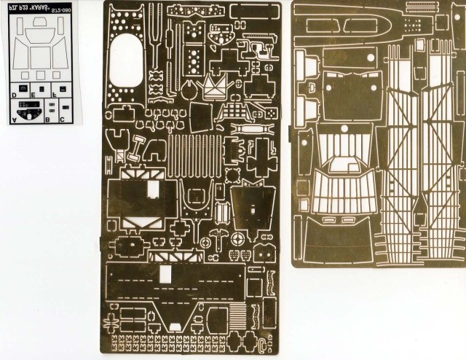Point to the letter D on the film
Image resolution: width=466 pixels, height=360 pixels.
pos(15,95)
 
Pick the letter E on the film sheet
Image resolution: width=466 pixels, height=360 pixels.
pos(33,95)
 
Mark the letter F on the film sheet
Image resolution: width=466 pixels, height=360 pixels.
pos(55,95)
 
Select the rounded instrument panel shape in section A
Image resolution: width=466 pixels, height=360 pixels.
pos(29,114)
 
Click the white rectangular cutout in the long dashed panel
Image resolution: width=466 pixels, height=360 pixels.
pos(166,274)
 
